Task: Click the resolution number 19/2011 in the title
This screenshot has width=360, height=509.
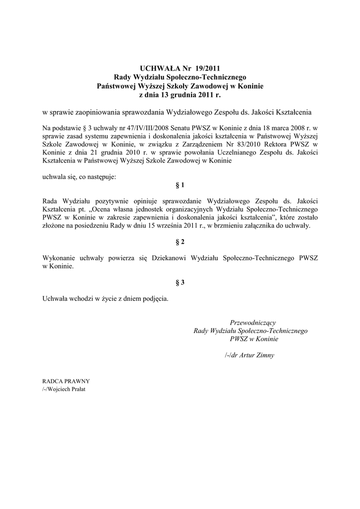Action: point(204,69)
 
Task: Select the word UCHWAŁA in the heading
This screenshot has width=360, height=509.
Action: point(158,69)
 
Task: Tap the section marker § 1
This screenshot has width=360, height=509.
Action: point(180,185)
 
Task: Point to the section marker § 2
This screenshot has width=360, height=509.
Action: point(180,242)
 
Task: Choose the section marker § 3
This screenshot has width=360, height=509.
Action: point(180,283)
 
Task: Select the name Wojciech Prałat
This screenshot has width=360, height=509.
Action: point(66,389)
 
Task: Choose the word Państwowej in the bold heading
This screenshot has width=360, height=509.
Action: point(116,85)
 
